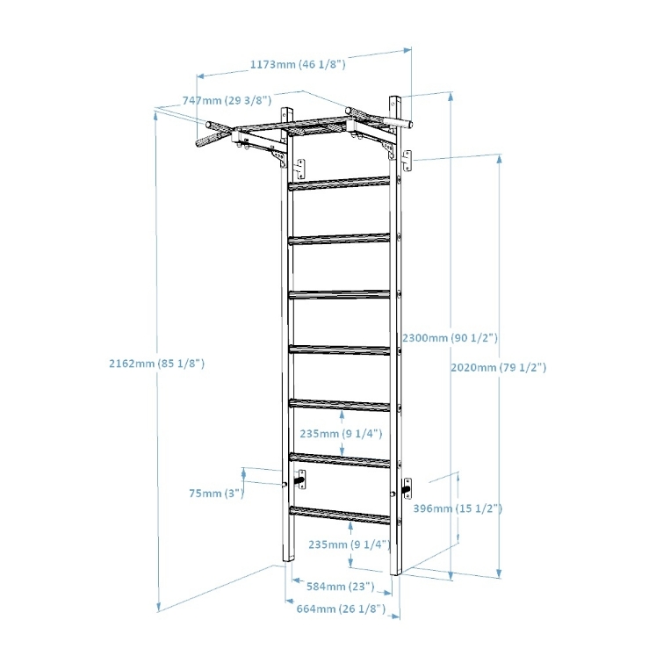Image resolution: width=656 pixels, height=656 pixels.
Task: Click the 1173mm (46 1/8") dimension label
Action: (x=298, y=64)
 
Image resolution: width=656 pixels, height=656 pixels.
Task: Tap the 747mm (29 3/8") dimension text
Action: (x=227, y=100)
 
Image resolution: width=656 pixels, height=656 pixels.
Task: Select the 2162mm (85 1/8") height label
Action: (x=157, y=364)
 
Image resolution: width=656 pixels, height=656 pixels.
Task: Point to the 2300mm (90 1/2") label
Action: (x=451, y=337)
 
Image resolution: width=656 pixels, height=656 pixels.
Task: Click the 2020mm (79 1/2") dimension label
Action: (x=498, y=367)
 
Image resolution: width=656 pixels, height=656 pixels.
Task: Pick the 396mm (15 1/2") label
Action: (x=458, y=508)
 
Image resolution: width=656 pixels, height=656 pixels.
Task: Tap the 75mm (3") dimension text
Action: (x=216, y=494)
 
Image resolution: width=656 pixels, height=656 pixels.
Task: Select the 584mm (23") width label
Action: (x=341, y=587)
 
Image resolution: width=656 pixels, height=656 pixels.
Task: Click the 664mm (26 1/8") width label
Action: (x=341, y=609)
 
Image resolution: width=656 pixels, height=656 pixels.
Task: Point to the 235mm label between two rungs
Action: (x=341, y=434)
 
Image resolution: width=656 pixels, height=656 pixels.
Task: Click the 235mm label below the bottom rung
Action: (x=350, y=544)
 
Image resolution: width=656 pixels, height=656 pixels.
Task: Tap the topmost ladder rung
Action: (x=339, y=184)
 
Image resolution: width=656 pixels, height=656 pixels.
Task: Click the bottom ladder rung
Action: (x=340, y=515)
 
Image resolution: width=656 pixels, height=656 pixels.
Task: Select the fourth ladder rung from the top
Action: (x=339, y=350)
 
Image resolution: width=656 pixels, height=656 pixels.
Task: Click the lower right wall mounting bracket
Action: (x=407, y=488)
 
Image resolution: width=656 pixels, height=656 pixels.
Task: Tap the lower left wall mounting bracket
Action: (x=300, y=479)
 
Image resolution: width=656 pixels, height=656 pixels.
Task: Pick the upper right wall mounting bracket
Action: (x=407, y=161)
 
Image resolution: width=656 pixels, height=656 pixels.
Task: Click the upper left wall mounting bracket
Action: (x=300, y=169)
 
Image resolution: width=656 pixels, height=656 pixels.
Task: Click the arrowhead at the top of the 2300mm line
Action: (x=451, y=97)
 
